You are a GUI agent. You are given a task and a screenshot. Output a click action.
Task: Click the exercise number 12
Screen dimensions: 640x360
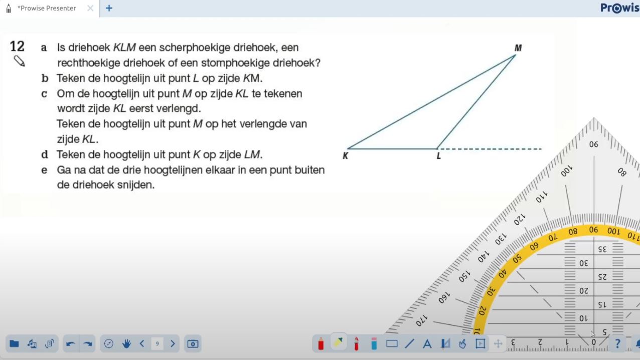17,47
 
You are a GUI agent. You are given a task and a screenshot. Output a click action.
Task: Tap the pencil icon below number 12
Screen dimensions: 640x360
20,61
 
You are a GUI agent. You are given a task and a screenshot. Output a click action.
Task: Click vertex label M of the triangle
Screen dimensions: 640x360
518,48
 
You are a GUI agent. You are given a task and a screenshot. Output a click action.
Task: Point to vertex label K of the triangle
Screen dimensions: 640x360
346,156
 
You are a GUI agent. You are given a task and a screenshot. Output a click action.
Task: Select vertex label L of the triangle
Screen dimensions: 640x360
438,156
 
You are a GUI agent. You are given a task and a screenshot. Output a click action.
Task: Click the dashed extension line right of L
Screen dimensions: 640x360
490,149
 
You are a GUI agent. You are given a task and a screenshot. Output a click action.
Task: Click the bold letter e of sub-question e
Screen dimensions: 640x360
44,170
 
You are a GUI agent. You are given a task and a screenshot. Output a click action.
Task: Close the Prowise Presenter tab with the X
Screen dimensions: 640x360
90,9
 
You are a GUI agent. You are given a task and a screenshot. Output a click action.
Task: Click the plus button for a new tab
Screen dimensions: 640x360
109,9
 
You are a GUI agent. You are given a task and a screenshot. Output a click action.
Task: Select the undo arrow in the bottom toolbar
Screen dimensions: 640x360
70,344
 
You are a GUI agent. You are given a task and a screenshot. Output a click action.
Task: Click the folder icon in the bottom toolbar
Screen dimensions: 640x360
14,343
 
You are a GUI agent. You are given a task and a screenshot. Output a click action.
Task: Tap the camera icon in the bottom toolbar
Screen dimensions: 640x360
193,344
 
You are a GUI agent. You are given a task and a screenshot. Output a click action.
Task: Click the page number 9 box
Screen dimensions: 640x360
157,344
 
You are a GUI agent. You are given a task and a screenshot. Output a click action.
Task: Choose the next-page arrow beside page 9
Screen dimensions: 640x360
173,344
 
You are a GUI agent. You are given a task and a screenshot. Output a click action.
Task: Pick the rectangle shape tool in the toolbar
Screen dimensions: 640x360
392,344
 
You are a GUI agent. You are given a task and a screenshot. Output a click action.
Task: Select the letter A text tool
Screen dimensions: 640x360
427,344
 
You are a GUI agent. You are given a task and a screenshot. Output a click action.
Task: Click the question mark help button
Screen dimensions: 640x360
617,344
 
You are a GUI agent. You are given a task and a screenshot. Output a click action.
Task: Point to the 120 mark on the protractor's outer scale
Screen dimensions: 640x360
520,220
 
